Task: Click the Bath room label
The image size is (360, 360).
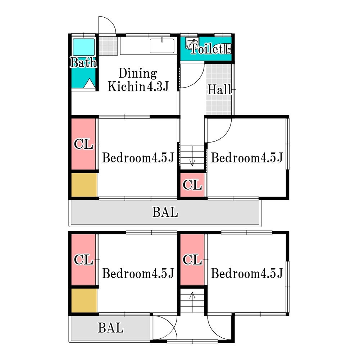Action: (x=83, y=63)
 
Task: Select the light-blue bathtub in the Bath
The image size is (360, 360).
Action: (x=83, y=47)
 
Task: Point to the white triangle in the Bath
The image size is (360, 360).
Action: (x=89, y=83)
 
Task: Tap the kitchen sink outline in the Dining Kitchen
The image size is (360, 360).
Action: (x=162, y=46)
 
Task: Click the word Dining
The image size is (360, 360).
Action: (x=138, y=73)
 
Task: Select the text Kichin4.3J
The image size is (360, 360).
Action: (x=138, y=86)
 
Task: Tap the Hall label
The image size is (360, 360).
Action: (x=220, y=90)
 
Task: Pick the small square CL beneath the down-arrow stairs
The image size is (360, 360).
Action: (x=192, y=185)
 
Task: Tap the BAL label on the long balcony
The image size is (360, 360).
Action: (x=165, y=212)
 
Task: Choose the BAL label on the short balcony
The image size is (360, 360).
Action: (x=111, y=328)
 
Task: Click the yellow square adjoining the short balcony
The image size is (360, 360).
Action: (x=84, y=301)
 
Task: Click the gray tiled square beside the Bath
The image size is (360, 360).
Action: (x=108, y=46)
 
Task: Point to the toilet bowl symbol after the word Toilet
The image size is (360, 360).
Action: (x=228, y=49)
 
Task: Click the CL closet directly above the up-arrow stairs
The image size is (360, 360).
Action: (x=192, y=260)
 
